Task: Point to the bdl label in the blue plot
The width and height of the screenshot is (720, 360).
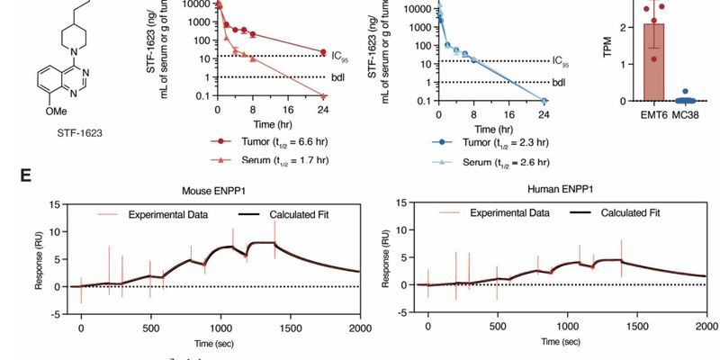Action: pyautogui.click(x=559, y=83)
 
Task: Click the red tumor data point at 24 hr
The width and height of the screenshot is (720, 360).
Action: pyautogui.click(x=323, y=51)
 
